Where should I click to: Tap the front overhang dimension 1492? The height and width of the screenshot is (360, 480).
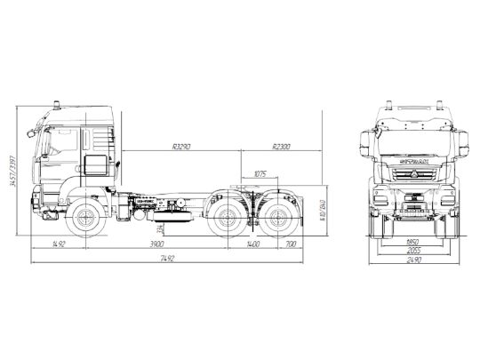[x=60, y=243]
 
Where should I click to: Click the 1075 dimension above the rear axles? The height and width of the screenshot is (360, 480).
[x=260, y=172]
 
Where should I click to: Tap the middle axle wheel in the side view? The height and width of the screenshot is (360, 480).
[x=226, y=216]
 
